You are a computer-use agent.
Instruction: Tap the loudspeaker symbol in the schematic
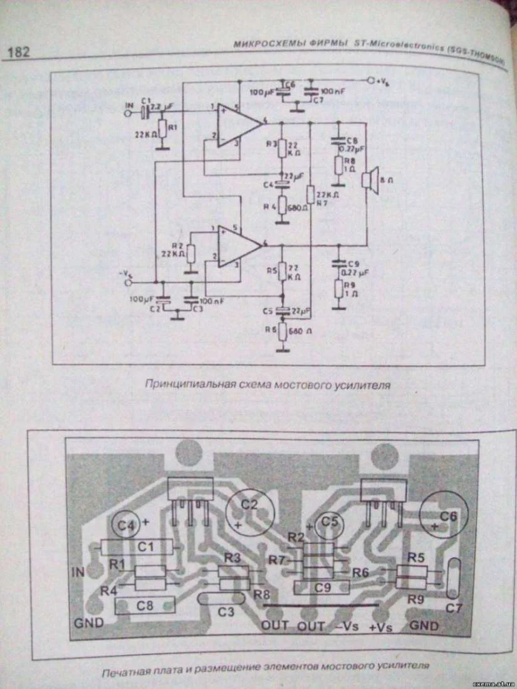pyautogui.click(x=370, y=179)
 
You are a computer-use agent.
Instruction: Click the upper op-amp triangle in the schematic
pyautogui.click(x=238, y=122)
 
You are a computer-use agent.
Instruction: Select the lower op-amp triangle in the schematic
pyautogui.click(x=238, y=246)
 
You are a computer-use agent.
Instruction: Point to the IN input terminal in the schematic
pyautogui.click(x=130, y=114)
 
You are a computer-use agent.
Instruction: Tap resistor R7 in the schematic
pyautogui.click(x=310, y=195)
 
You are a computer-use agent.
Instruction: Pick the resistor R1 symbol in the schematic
pyautogui.click(x=162, y=129)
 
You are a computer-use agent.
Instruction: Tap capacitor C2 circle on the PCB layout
pyautogui.click(x=249, y=510)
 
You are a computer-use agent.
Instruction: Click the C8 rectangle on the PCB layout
pyautogui.click(x=145, y=605)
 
